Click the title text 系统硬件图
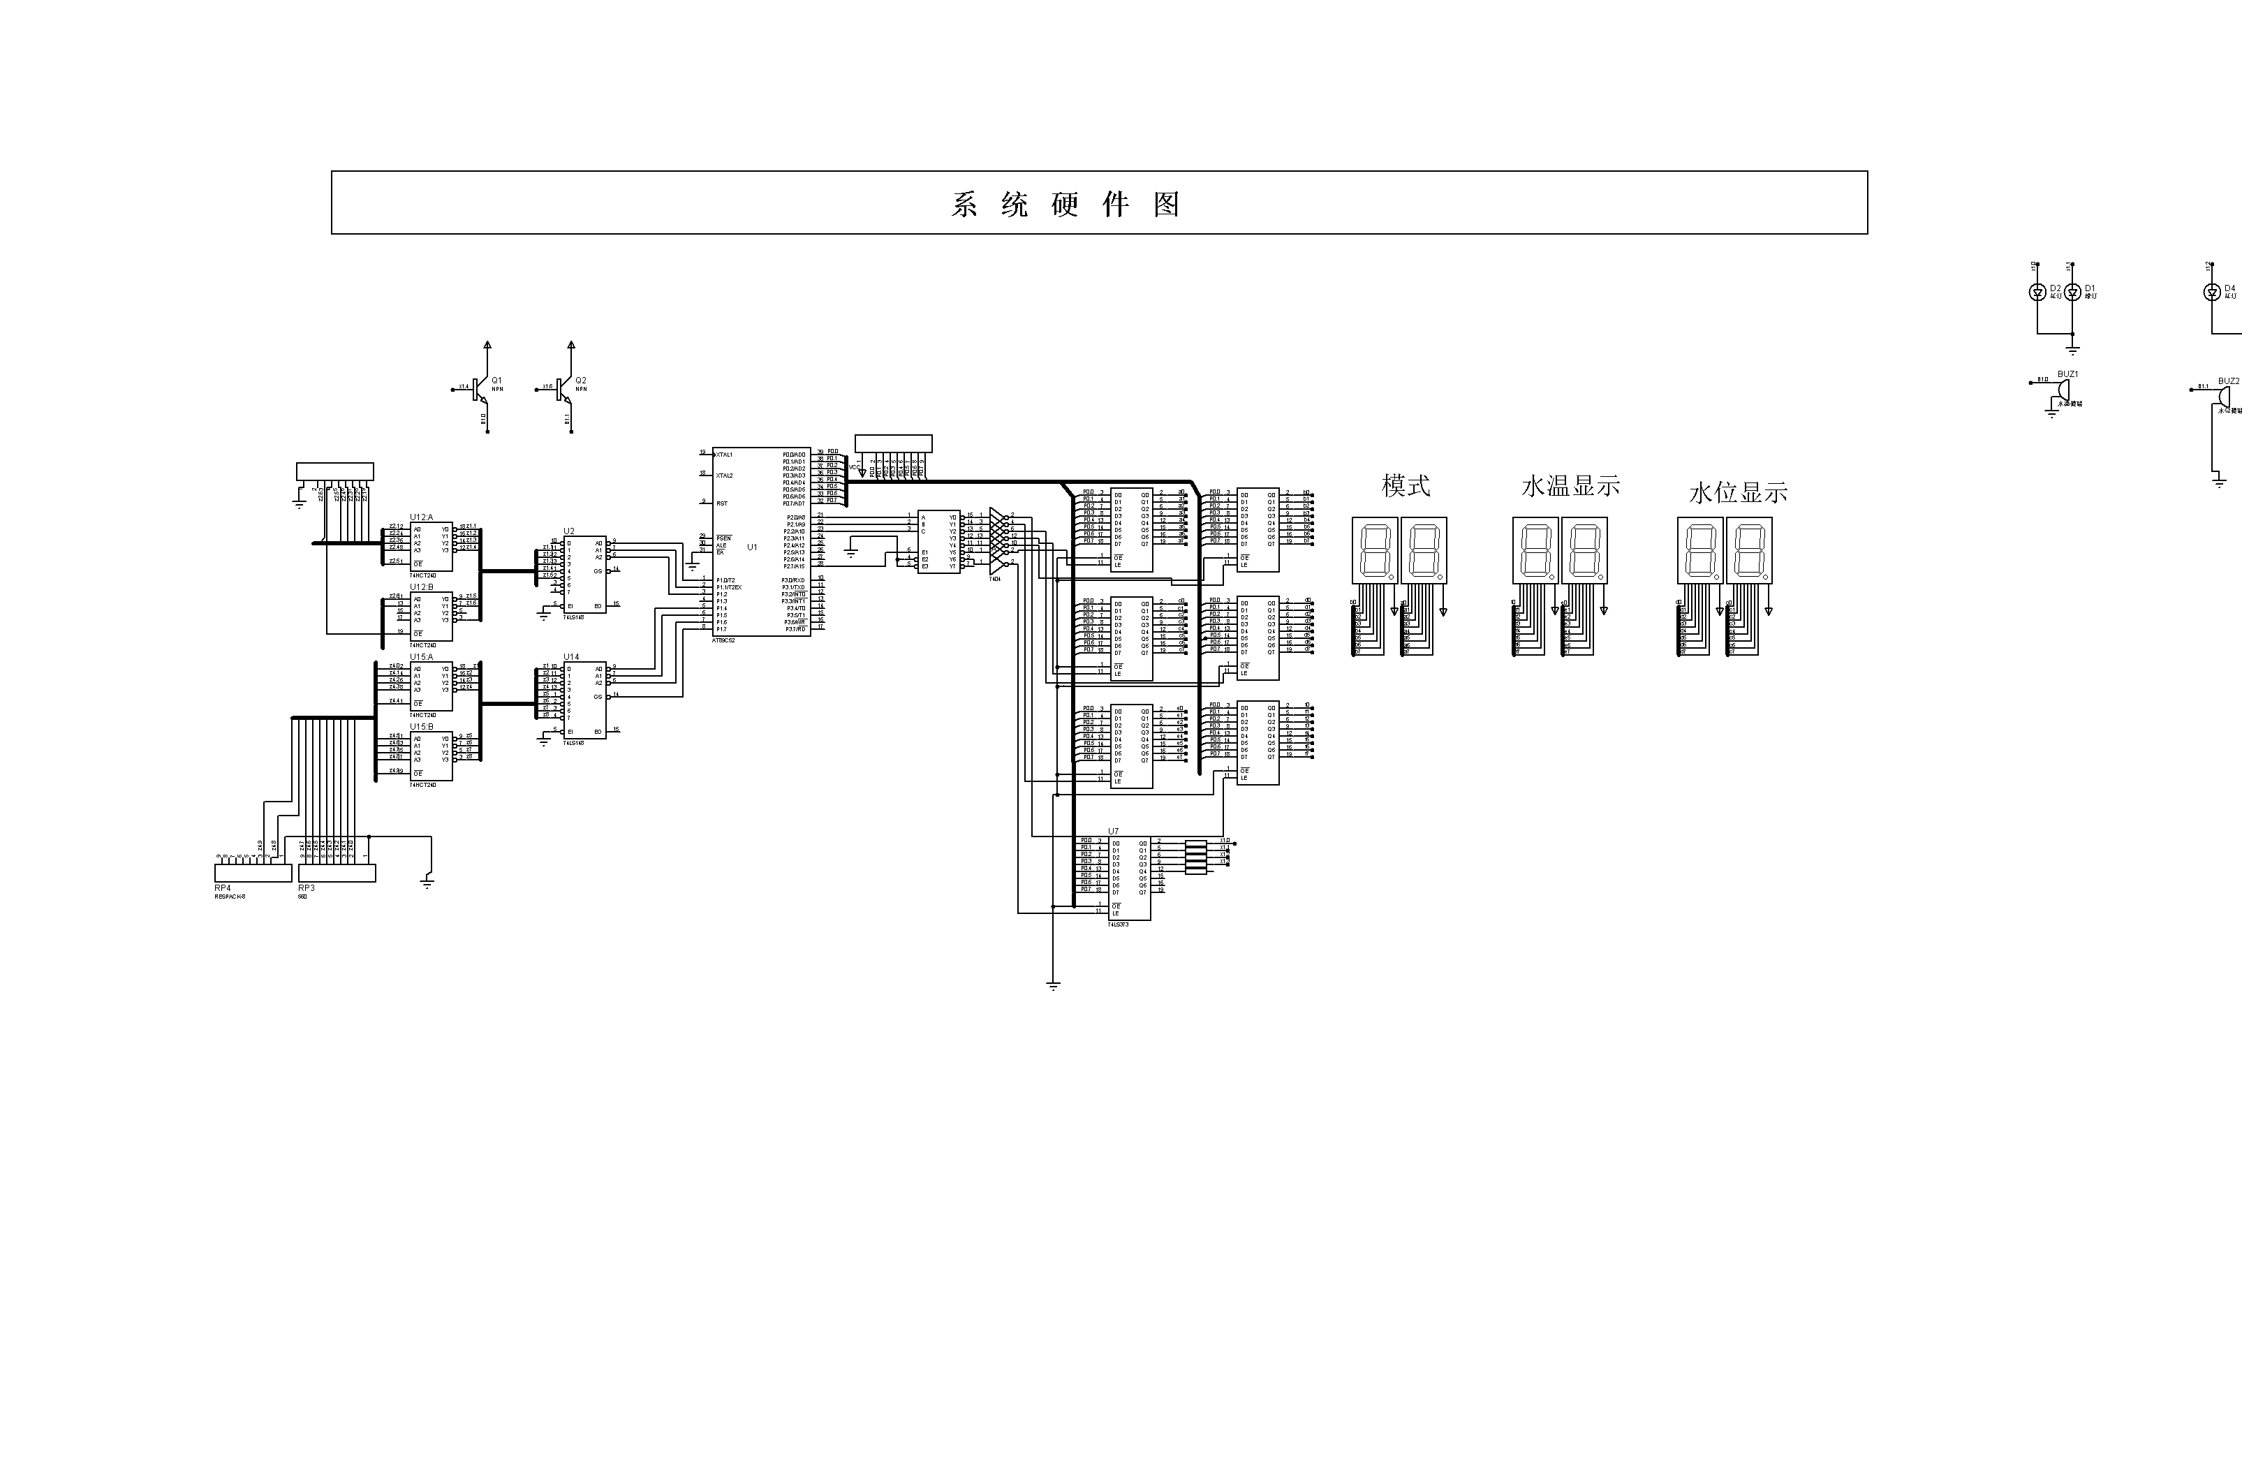point(1065,205)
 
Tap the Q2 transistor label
point(580,381)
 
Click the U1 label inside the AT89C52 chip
point(752,547)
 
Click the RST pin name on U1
point(721,504)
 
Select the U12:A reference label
point(421,517)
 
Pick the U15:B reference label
point(421,727)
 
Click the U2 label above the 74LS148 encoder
point(568,531)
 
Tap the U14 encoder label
point(571,658)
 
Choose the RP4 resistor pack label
point(222,888)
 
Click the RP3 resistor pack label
point(306,888)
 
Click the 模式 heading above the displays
point(1406,486)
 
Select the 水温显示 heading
point(1570,486)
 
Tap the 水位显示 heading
point(1737,492)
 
